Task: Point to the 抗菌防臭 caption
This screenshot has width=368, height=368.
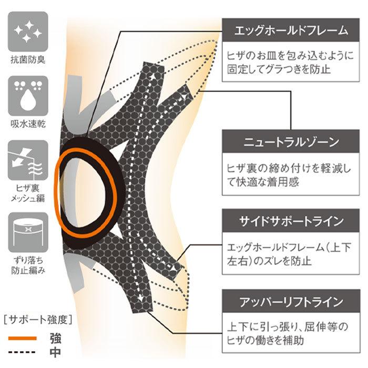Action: tap(28, 59)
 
